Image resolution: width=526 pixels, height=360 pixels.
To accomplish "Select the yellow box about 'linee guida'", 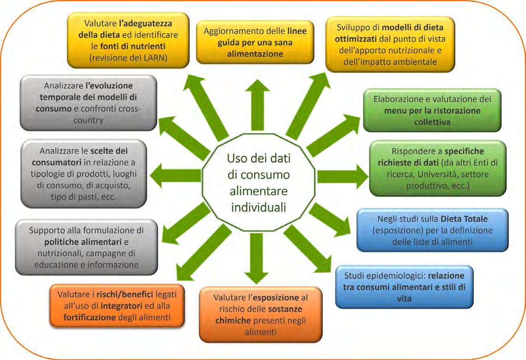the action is [255, 42].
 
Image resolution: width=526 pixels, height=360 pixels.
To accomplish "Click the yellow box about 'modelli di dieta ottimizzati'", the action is [390, 44].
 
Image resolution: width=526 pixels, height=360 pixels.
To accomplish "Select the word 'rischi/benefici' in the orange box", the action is [127, 294].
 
